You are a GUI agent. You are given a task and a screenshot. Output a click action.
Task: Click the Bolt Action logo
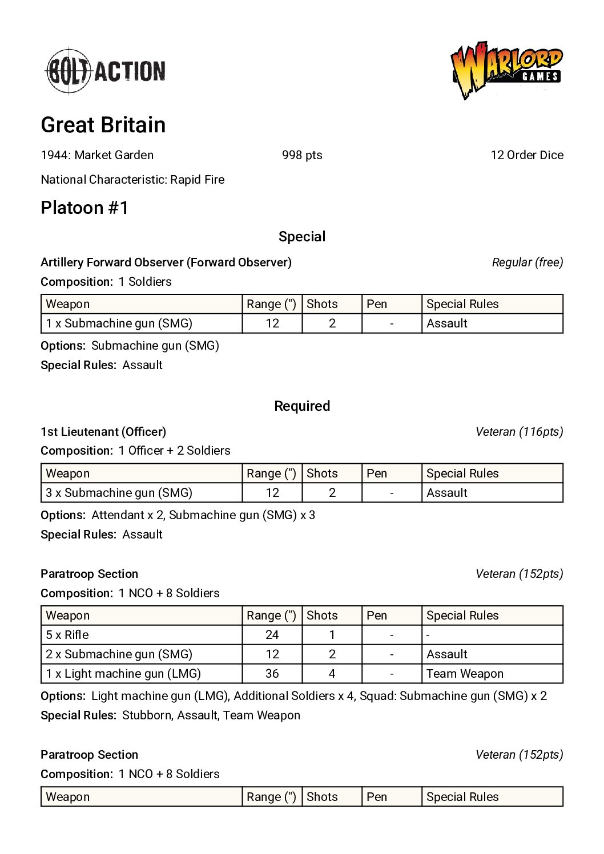point(106,71)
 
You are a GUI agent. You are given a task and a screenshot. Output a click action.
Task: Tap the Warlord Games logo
point(506,70)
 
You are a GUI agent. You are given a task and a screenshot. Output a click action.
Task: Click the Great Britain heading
point(103,125)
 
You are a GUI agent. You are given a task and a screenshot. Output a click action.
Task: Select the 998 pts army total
point(302,155)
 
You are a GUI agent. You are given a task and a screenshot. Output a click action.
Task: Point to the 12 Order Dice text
point(526,155)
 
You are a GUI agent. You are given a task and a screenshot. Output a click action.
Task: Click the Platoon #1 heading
point(84,208)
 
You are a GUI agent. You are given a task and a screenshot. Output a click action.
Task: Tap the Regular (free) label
point(527,262)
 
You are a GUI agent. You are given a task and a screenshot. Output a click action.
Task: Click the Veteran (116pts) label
point(519,432)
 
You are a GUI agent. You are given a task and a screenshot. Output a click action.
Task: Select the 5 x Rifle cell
point(67,635)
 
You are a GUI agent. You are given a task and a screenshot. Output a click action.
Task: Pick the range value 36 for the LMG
point(272,674)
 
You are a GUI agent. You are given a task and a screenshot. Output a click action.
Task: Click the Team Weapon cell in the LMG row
point(465,674)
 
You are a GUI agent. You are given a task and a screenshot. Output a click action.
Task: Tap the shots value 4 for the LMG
point(332,674)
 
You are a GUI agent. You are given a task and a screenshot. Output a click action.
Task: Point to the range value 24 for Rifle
point(272,635)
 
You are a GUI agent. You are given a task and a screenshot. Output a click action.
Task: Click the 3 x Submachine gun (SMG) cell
point(119,493)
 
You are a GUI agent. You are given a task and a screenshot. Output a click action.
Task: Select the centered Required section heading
point(302,406)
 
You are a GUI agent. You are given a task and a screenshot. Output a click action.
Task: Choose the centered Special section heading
point(302,237)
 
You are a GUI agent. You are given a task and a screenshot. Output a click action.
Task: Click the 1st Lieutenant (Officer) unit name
point(103,432)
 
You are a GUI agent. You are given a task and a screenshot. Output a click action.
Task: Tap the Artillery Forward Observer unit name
point(166,262)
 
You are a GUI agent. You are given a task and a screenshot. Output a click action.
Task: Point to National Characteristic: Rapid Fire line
point(132,180)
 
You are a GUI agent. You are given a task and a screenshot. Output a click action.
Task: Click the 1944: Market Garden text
point(97,155)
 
